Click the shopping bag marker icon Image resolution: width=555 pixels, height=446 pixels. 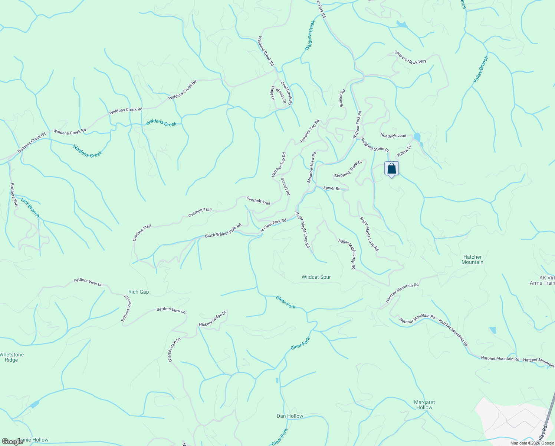pyautogui.click(x=391, y=169)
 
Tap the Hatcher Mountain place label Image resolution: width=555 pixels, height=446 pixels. pyautogui.click(x=472, y=259)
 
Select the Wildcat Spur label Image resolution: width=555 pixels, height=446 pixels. pyautogui.click(x=316, y=277)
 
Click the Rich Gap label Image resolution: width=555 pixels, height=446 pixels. pyautogui.click(x=138, y=292)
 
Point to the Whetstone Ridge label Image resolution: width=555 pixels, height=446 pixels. pyautogui.click(x=12, y=357)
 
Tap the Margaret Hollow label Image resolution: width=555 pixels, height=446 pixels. pyautogui.click(x=424, y=405)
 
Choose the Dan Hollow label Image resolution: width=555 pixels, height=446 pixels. pyautogui.click(x=290, y=416)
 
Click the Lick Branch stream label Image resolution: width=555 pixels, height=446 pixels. pyautogui.click(x=30, y=208)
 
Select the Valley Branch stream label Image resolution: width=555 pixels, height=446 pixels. pyautogui.click(x=480, y=70)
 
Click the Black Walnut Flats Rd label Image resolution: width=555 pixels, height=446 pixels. pyautogui.click(x=223, y=231)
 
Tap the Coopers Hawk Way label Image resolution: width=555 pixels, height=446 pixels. pyautogui.click(x=410, y=57)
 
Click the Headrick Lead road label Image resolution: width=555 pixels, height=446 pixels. pyautogui.click(x=393, y=136)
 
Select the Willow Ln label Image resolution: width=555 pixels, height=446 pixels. pyautogui.click(x=404, y=151)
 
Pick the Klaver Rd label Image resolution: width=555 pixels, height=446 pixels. pyautogui.click(x=332, y=188)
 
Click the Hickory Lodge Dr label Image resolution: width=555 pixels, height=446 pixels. pyautogui.click(x=213, y=319)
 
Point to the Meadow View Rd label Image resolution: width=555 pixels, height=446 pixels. pyautogui.click(x=312, y=167)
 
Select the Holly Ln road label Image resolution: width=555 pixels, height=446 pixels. pyautogui.click(x=272, y=93)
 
